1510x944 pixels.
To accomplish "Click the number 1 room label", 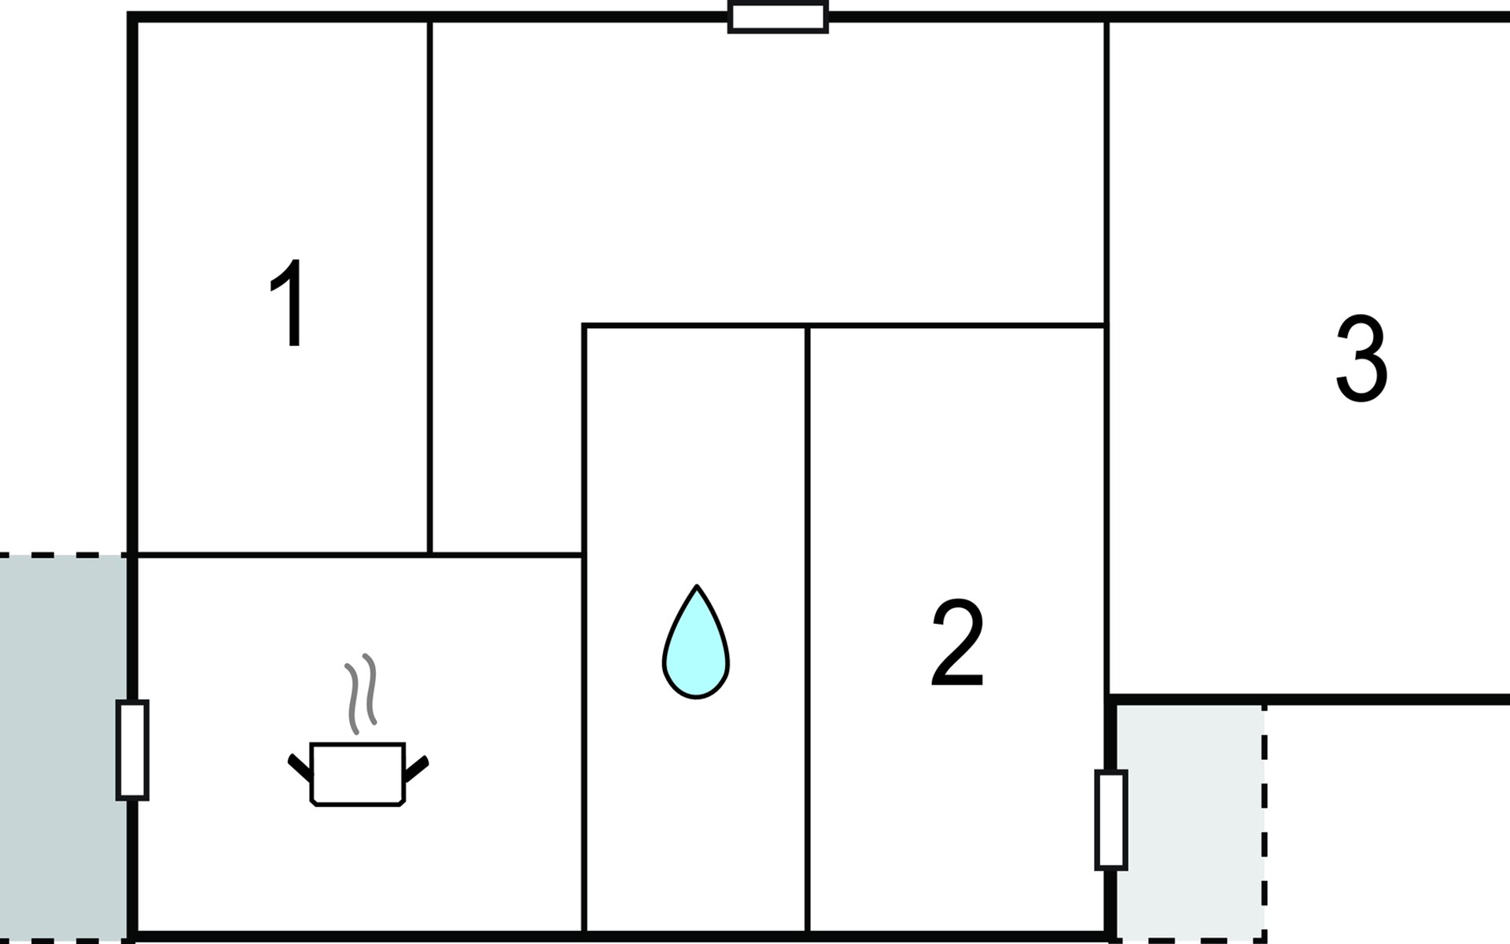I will pos(289,302).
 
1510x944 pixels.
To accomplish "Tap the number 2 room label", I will pos(957,643).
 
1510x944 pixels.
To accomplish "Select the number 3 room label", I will pos(1361,360).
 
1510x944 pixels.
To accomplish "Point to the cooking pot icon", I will pos(358,774).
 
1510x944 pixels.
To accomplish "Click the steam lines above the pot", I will pos(361,691).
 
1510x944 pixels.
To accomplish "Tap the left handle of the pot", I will pos(299,766).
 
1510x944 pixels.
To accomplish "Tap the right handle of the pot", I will pos(416,767).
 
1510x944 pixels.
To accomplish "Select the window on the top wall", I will pos(778,17).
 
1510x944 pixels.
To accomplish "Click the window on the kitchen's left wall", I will pos(132,750).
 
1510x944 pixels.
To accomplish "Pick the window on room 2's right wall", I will pos(1110,820).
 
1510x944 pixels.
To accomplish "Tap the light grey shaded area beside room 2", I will pos(1188,818).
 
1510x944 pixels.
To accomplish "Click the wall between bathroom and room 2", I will pos(808,629).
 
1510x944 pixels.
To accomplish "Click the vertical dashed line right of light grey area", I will pos(1264,818).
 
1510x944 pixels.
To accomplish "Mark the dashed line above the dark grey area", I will pos(63,555).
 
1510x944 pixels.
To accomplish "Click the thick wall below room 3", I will pos(1306,699).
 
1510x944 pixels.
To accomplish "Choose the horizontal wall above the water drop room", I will pos(695,325).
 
